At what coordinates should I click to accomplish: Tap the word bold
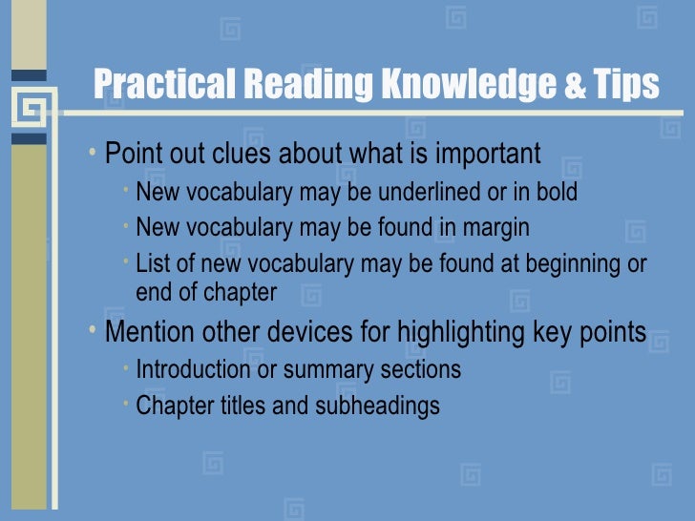[x=555, y=193]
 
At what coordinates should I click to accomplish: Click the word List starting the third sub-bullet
[x=152, y=263]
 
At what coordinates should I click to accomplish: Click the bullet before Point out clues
[x=91, y=152]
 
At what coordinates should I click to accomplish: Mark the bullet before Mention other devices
[x=91, y=331]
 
